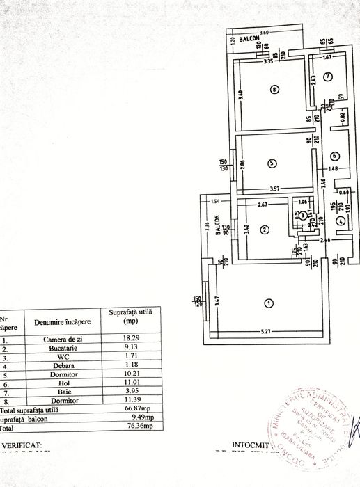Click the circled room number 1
(269, 303)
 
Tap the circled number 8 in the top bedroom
(276, 89)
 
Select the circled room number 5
(272, 163)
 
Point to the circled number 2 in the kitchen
(265, 230)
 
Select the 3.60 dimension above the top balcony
(264, 33)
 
